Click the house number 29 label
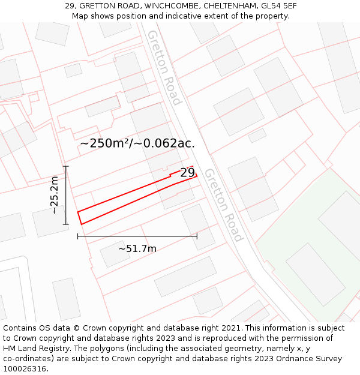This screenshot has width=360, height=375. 187,173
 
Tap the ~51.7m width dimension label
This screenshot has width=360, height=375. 137,248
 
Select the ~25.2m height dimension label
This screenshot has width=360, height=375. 55,195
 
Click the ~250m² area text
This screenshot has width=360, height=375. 106,143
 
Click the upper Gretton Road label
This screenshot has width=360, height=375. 163,67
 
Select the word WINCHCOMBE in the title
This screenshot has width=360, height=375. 175,6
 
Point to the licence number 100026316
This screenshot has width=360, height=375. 25,369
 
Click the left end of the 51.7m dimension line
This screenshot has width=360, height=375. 78,236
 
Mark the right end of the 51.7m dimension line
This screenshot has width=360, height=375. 197,236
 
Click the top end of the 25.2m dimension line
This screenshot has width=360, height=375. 66,167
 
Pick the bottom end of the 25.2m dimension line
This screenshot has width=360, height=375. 66,224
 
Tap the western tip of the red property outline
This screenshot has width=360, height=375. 78,211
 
